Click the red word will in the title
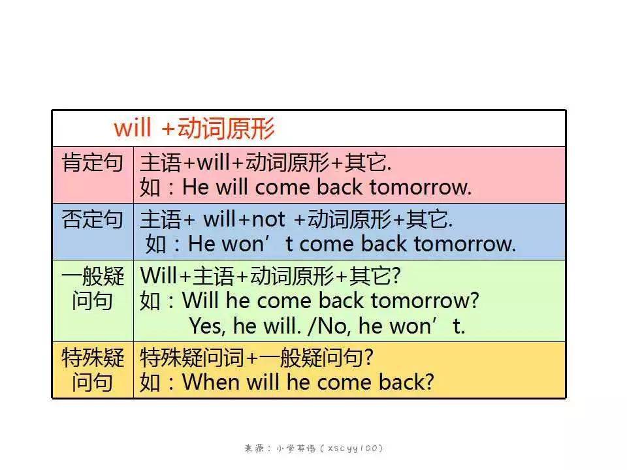click(x=133, y=128)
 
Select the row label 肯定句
click(x=92, y=163)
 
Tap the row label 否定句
click(x=92, y=219)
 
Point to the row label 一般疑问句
click(x=92, y=288)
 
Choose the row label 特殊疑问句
click(x=92, y=369)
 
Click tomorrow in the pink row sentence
click(x=420, y=187)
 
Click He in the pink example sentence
click(x=195, y=187)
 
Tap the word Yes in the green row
click(x=206, y=326)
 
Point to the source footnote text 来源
click(x=254, y=448)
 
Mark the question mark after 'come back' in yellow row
click(x=428, y=382)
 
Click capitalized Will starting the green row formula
click(x=159, y=275)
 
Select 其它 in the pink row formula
click(x=364, y=163)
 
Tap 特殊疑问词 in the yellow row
click(x=192, y=357)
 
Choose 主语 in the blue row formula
click(x=161, y=219)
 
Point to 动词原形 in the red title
click(x=226, y=129)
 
